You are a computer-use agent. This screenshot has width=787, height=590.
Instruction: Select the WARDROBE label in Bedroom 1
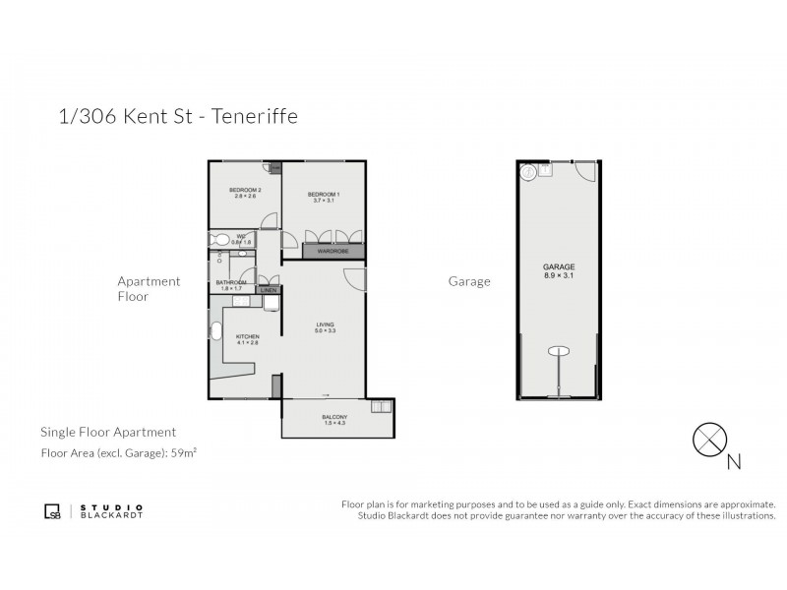point(334,252)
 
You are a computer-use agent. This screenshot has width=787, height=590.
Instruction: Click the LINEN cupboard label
point(268,291)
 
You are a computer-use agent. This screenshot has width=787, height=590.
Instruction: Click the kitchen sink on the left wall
point(214,329)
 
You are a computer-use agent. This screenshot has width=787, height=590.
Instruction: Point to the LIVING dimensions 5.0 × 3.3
point(326,331)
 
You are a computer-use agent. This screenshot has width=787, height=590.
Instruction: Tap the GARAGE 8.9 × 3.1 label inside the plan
point(559,270)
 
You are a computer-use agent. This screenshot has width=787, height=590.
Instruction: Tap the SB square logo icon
point(54,510)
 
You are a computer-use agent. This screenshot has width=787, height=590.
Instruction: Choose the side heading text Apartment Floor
point(149,288)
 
